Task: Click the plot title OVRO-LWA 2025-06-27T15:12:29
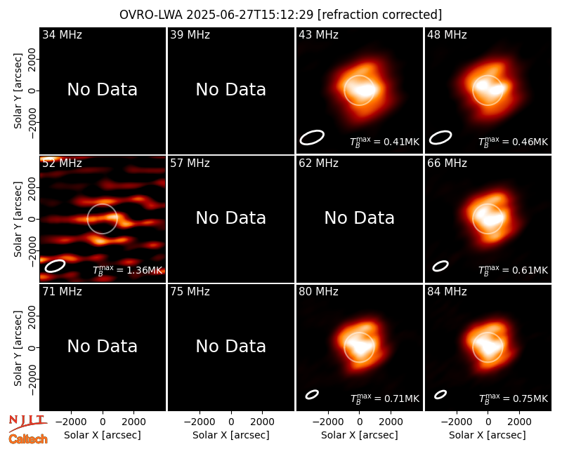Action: [x=216, y=15]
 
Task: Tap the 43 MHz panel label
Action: [x=319, y=34]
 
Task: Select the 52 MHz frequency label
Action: [x=62, y=163]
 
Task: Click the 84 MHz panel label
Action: [x=447, y=292]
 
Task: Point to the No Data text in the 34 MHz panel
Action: [x=103, y=90]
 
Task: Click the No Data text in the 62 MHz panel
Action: [x=360, y=218]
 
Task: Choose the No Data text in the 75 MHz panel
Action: [x=231, y=347]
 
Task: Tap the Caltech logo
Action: [x=28, y=439]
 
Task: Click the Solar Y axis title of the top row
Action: [x=18, y=91]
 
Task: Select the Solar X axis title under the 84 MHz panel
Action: [x=488, y=435]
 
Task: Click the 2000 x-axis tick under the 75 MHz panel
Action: [x=262, y=422]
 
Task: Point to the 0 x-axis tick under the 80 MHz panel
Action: [x=360, y=422]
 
